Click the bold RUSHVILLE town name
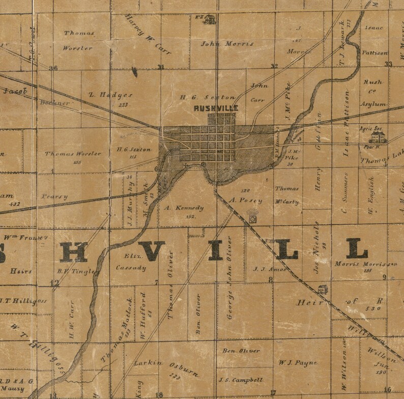click(x=216, y=108)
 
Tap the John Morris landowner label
click(x=227, y=44)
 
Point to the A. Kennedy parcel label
click(x=184, y=208)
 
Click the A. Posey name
click(x=246, y=200)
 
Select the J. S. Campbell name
click(x=241, y=380)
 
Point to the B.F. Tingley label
click(x=78, y=271)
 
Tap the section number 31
click(x=161, y=67)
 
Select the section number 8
click(x=271, y=279)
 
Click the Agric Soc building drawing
click(x=376, y=137)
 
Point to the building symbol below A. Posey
click(x=252, y=219)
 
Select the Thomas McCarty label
click(x=287, y=195)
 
